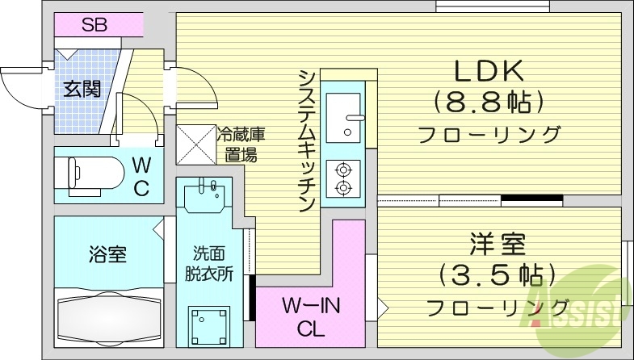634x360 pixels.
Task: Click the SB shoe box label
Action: [94, 25]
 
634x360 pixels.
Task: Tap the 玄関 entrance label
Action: [82, 88]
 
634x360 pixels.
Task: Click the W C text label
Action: [141, 177]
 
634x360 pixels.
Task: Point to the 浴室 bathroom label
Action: [107, 256]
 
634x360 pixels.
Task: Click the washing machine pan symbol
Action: [208, 325]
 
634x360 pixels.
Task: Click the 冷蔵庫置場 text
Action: [240, 143]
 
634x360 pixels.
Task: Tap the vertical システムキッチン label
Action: [306, 141]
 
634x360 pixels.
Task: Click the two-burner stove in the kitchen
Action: [345, 178]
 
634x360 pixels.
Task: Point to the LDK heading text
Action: [489, 73]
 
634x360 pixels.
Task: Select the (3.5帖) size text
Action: [496, 275]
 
